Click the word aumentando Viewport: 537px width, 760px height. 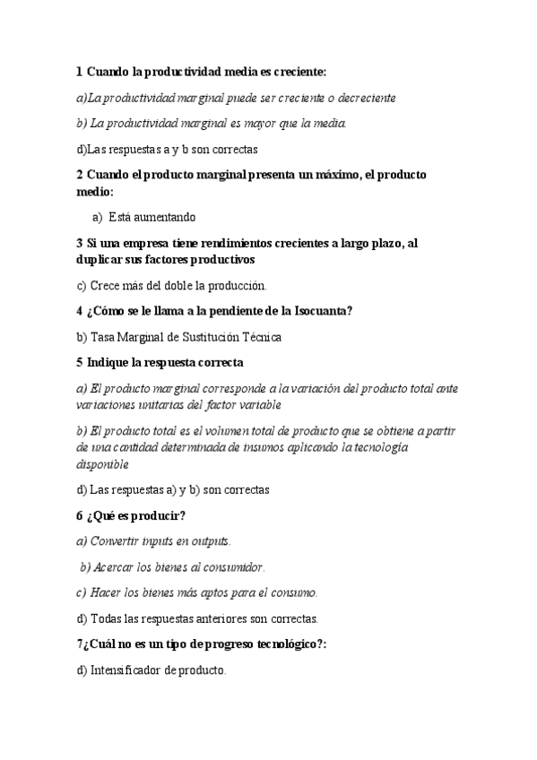(163, 217)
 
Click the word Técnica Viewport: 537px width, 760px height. (261, 337)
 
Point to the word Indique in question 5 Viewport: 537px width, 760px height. (108, 363)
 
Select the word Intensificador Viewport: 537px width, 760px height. (126, 670)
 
